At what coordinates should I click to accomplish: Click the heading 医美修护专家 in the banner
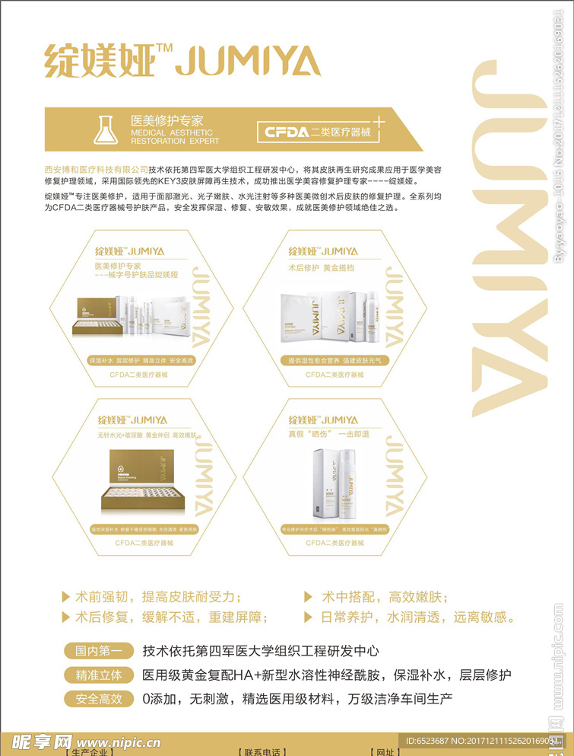click(x=167, y=120)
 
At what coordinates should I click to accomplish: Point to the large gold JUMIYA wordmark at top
click(x=248, y=60)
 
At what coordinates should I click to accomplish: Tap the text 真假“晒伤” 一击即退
click(x=328, y=432)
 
